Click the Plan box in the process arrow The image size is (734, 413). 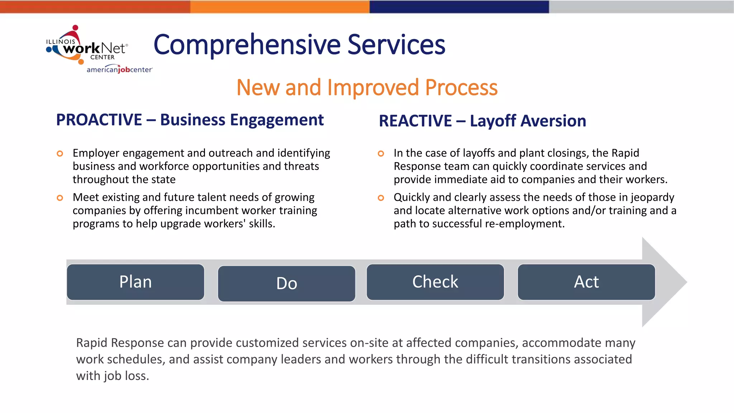point(135,282)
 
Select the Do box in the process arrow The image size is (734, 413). point(286,284)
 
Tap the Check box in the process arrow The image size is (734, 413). point(435,282)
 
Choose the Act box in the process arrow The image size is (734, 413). point(586,282)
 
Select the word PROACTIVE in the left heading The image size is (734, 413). point(99,120)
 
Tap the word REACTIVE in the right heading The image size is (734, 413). point(415,121)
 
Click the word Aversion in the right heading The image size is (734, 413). point(528,121)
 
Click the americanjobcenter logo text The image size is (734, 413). point(119,70)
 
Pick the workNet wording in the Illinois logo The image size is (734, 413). point(95,48)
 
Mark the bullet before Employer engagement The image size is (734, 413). point(60,154)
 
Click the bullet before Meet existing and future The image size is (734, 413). point(60,198)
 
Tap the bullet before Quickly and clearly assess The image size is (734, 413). point(381,198)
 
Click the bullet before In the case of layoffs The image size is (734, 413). point(381,154)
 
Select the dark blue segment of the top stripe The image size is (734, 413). point(459,7)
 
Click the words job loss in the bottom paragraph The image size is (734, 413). point(126,376)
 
